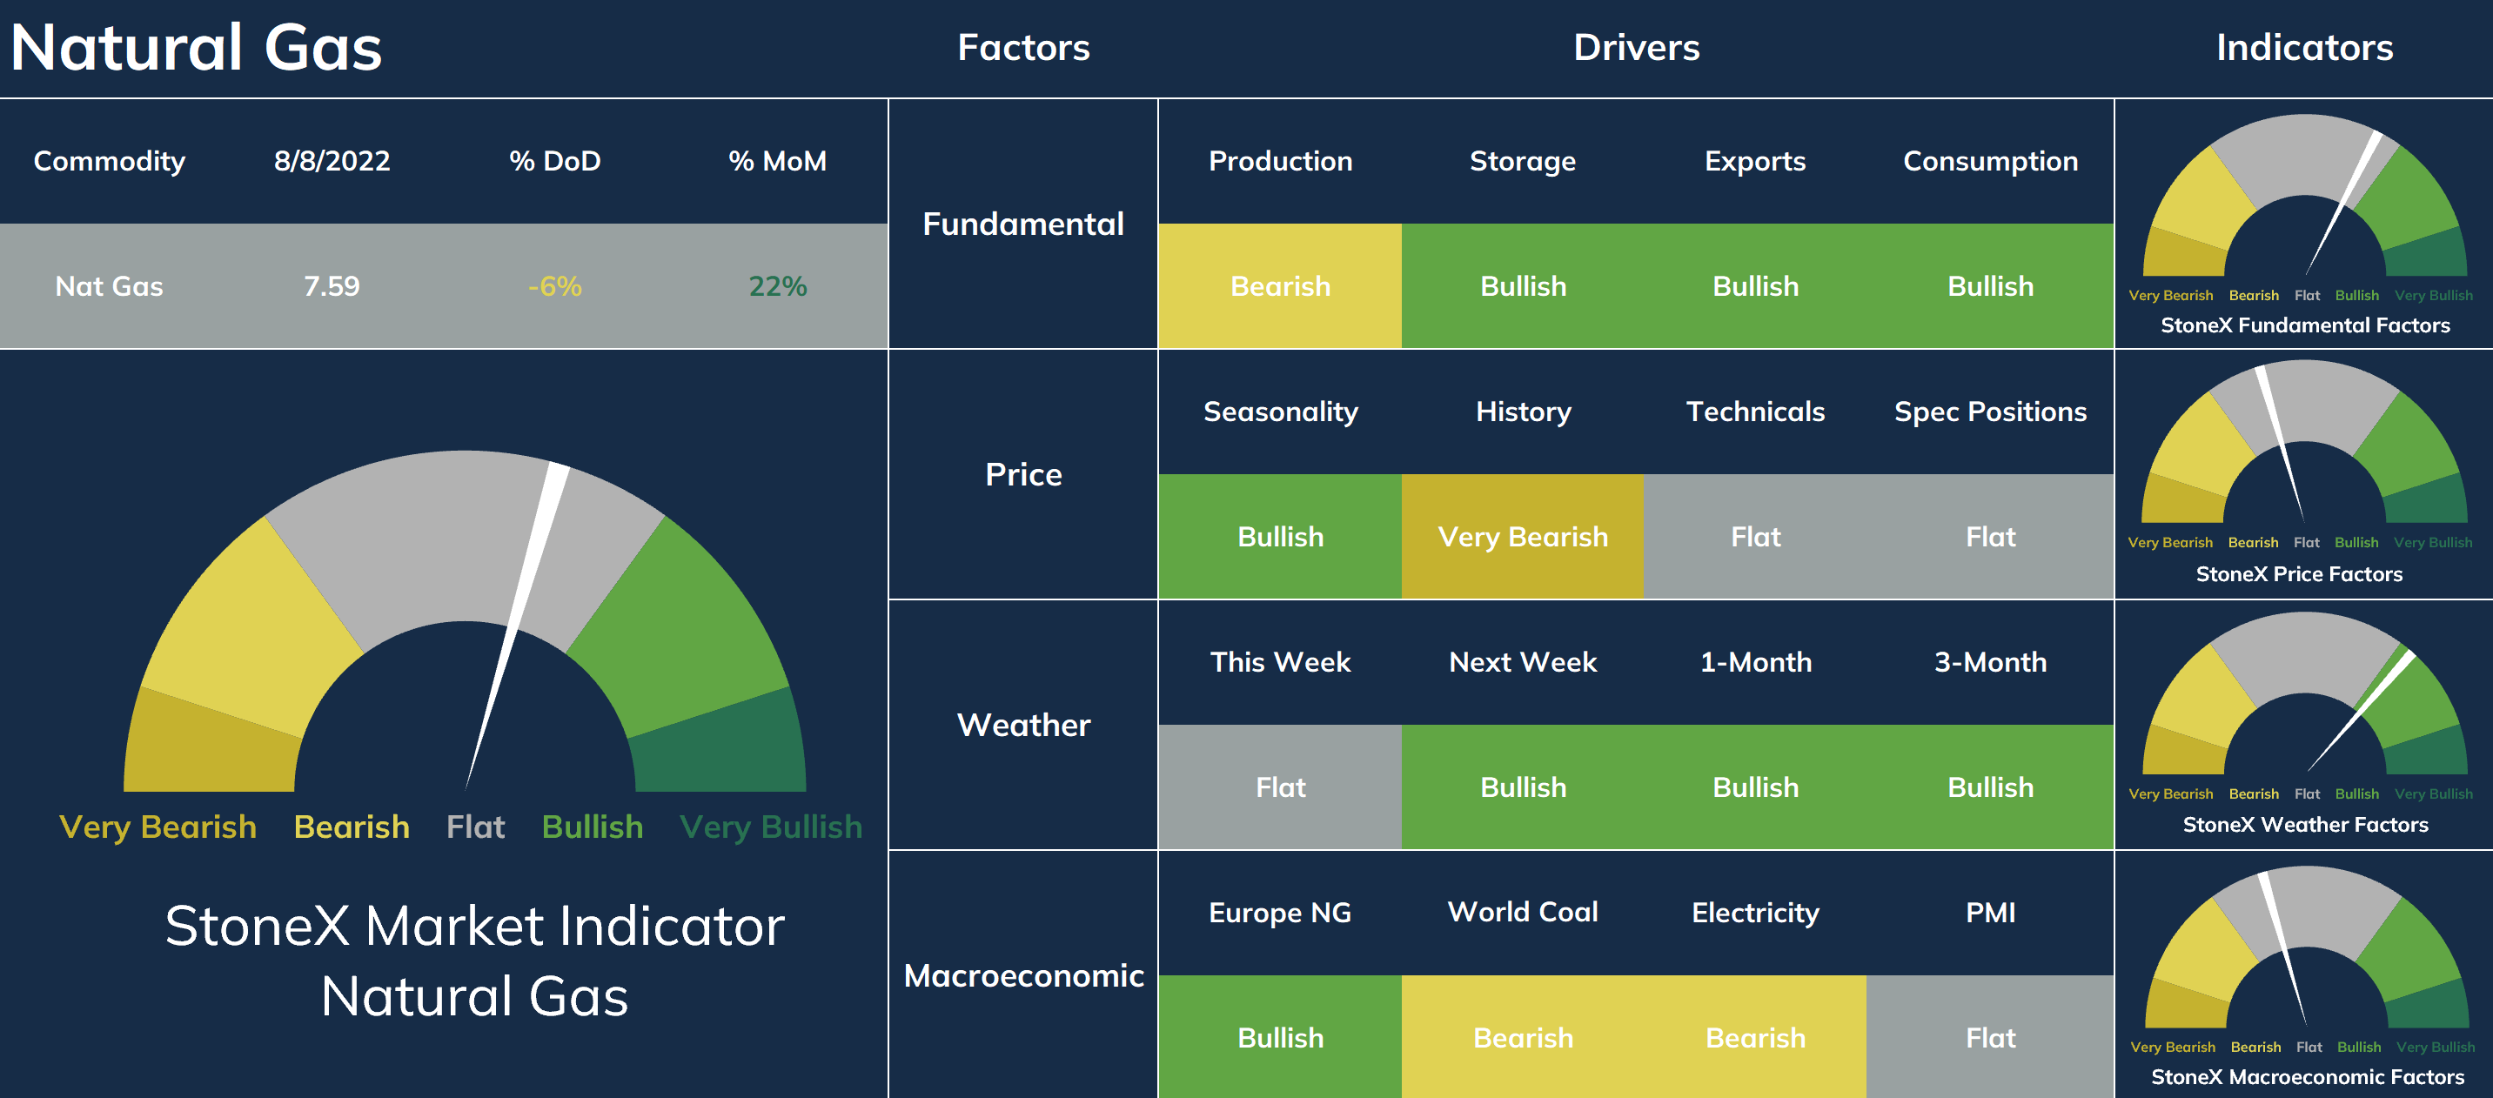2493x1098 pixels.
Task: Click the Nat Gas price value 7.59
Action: point(332,286)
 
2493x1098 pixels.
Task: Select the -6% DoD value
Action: point(554,286)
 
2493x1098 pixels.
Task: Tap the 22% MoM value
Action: point(777,286)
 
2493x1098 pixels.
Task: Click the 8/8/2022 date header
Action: point(332,161)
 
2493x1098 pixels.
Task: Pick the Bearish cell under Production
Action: point(1279,286)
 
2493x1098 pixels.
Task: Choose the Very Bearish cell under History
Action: point(1522,537)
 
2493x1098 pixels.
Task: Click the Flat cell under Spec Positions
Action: point(1990,537)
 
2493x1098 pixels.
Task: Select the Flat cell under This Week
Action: point(1279,787)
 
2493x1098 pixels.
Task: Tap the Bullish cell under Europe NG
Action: point(1279,1037)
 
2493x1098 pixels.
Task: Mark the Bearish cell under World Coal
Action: point(1522,1037)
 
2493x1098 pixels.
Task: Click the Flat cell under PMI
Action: point(1990,1037)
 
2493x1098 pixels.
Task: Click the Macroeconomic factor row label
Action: point(1023,975)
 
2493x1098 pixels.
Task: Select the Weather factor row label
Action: point(1023,725)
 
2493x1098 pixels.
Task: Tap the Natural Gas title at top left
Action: point(197,46)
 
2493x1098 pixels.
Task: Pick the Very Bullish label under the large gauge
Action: point(770,827)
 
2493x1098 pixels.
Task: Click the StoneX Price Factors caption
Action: point(2298,573)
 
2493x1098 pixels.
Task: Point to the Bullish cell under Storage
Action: point(1522,286)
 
